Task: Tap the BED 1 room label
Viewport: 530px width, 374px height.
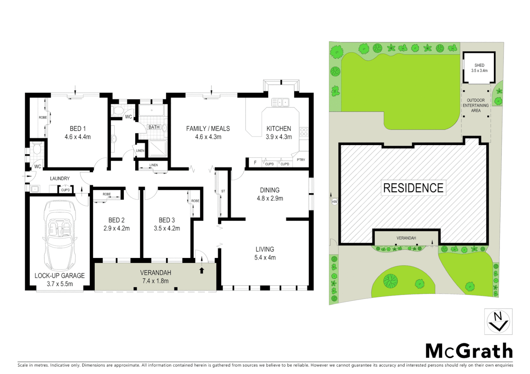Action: [x=78, y=128]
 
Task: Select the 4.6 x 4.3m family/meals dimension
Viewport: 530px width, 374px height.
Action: [x=208, y=137]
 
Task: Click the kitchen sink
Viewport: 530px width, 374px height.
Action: [x=280, y=103]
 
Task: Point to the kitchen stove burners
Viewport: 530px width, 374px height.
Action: [x=304, y=132]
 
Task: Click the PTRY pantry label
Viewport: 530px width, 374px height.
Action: [x=301, y=160]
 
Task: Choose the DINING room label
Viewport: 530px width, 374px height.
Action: [x=270, y=190]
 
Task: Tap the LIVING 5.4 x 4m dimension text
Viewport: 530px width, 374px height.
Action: [x=265, y=258]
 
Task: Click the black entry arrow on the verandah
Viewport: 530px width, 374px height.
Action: [x=202, y=270]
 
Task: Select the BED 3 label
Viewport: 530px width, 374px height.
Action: [x=166, y=220]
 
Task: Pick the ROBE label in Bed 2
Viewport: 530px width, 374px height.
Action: [x=106, y=194]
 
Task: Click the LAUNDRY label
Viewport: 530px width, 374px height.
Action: [x=60, y=179]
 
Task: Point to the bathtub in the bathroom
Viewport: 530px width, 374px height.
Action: [x=151, y=111]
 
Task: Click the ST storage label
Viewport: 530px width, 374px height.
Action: [x=223, y=191]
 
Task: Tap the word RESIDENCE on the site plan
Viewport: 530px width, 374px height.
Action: [x=413, y=188]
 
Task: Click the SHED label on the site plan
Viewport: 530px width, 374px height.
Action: [x=479, y=65]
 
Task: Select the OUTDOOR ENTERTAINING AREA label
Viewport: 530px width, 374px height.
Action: [x=476, y=105]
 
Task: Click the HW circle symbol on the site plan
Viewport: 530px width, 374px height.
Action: [x=334, y=202]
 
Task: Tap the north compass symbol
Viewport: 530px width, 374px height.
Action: [x=498, y=321]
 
